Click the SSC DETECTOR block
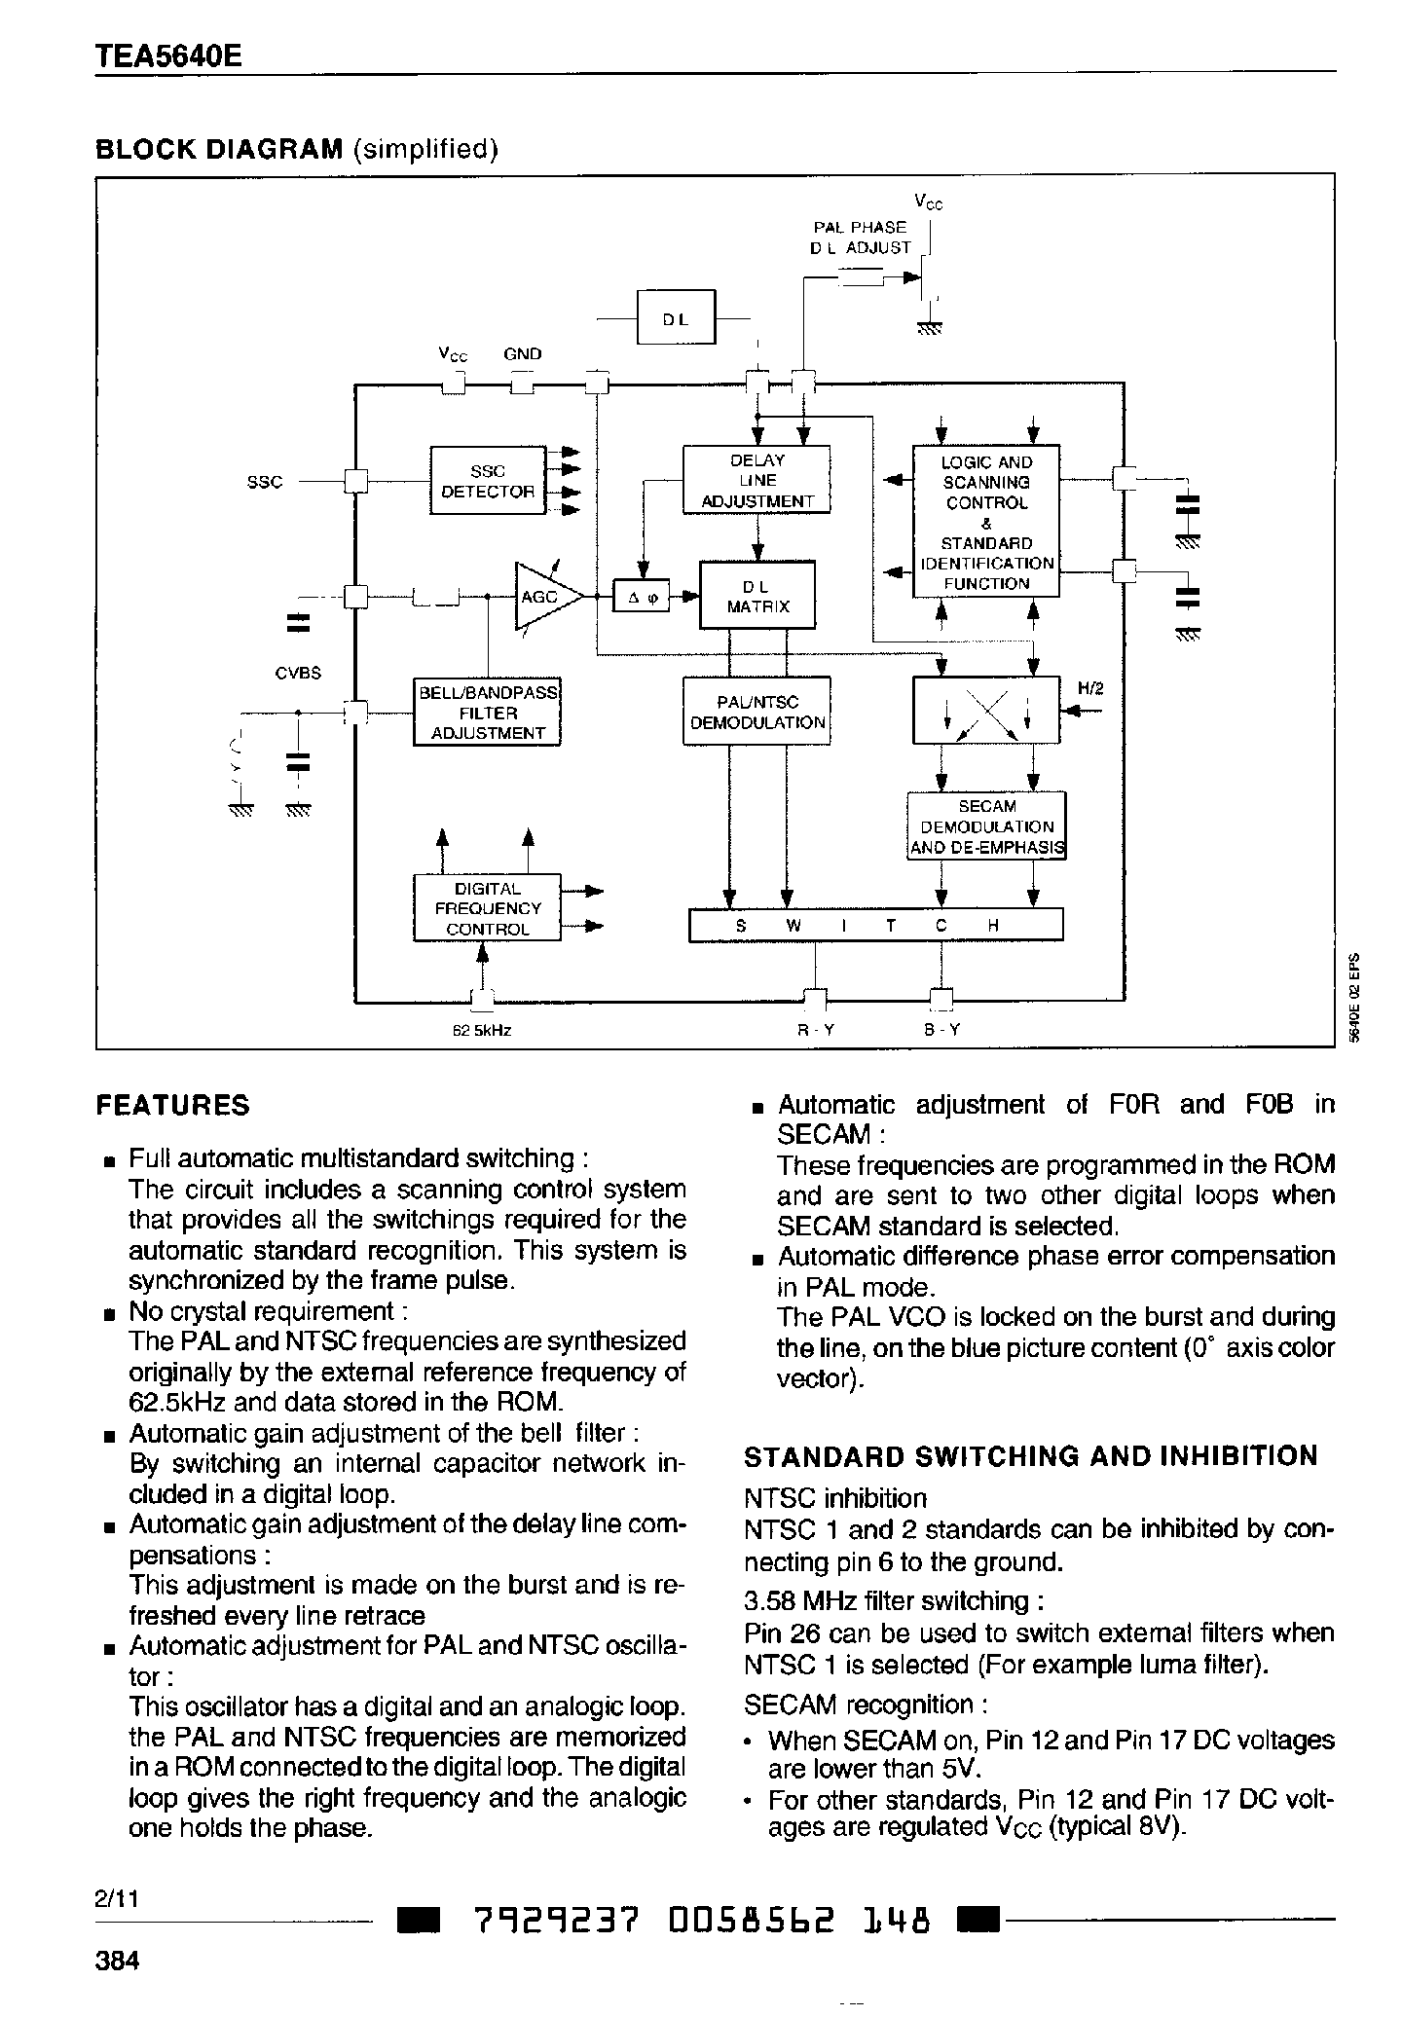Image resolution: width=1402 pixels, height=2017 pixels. pyautogui.click(x=488, y=480)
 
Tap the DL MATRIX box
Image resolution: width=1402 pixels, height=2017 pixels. pyautogui.click(x=756, y=596)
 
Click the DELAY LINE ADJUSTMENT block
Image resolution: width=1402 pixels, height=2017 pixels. pyautogui.click(x=756, y=480)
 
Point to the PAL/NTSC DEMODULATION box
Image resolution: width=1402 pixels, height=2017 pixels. pyautogui.click(x=756, y=713)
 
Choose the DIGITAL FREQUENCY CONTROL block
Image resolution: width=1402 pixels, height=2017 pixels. pyautogui.click(x=487, y=908)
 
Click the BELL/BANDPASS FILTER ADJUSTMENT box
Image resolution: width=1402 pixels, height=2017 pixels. pyautogui.click(x=487, y=713)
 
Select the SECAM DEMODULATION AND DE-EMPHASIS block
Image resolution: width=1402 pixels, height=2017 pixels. pyautogui.click(x=986, y=826)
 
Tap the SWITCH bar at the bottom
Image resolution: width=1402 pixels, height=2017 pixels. pyautogui.click(x=875, y=926)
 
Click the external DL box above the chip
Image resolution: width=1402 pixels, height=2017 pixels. pyautogui.click(x=676, y=317)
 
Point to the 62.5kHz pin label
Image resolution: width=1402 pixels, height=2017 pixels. pyautogui.click(x=482, y=1030)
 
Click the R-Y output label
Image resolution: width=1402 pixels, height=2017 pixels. pyautogui.click(x=816, y=1030)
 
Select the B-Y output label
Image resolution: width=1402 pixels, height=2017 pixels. pyautogui.click(x=941, y=1030)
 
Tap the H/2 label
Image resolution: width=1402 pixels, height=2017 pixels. pyautogui.click(x=1090, y=688)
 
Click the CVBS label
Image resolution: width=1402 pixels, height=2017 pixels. pyautogui.click(x=298, y=673)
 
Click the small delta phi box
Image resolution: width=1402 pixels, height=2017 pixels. pyautogui.click(x=643, y=597)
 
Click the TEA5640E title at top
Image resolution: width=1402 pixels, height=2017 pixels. pyautogui.click(x=168, y=56)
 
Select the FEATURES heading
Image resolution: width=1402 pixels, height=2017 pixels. pyautogui.click(x=173, y=1106)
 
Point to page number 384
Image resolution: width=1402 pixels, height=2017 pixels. pyautogui.click(x=117, y=1960)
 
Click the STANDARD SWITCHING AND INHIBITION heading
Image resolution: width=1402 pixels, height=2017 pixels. pyautogui.click(x=1030, y=1456)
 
